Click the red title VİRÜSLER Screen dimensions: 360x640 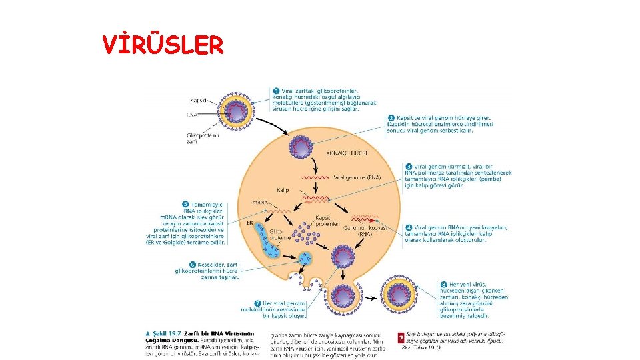(x=163, y=45)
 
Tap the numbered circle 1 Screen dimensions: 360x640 (x=275, y=91)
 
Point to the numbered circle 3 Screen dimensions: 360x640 (x=409, y=166)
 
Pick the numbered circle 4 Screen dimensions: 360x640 (x=409, y=227)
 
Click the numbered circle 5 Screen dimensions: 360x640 (x=185, y=204)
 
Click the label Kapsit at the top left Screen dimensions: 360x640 (x=199, y=101)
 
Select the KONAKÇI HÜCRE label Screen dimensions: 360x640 (x=347, y=153)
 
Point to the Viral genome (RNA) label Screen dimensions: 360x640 (x=357, y=177)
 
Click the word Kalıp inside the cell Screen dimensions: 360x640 (x=283, y=190)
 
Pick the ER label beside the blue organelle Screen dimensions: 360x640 (x=250, y=223)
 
